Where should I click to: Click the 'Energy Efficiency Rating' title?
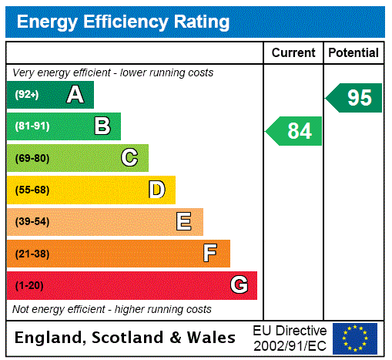click(123, 22)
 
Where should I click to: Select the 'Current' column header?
click(293, 53)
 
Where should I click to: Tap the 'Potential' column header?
click(353, 53)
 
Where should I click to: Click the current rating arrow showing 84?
click(295, 131)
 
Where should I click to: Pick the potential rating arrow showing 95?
click(355, 98)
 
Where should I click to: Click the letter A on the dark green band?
click(75, 95)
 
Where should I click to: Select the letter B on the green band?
click(102, 126)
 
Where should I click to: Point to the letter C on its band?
click(129, 158)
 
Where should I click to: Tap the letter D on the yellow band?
click(156, 190)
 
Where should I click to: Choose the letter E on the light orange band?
click(184, 222)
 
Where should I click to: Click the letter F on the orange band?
click(210, 254)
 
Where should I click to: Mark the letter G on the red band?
click(239, 286)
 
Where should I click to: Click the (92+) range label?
click(27, 95)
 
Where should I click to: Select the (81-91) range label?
click(32, 126)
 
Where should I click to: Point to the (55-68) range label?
click(32, 190)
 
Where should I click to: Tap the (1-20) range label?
click(29, 286)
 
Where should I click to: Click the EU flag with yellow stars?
click(355, 338)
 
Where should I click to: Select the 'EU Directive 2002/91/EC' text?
click(290, 338)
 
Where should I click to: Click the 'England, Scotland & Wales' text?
click(125, 338)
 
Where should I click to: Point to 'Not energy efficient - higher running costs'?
click(112, 309)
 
